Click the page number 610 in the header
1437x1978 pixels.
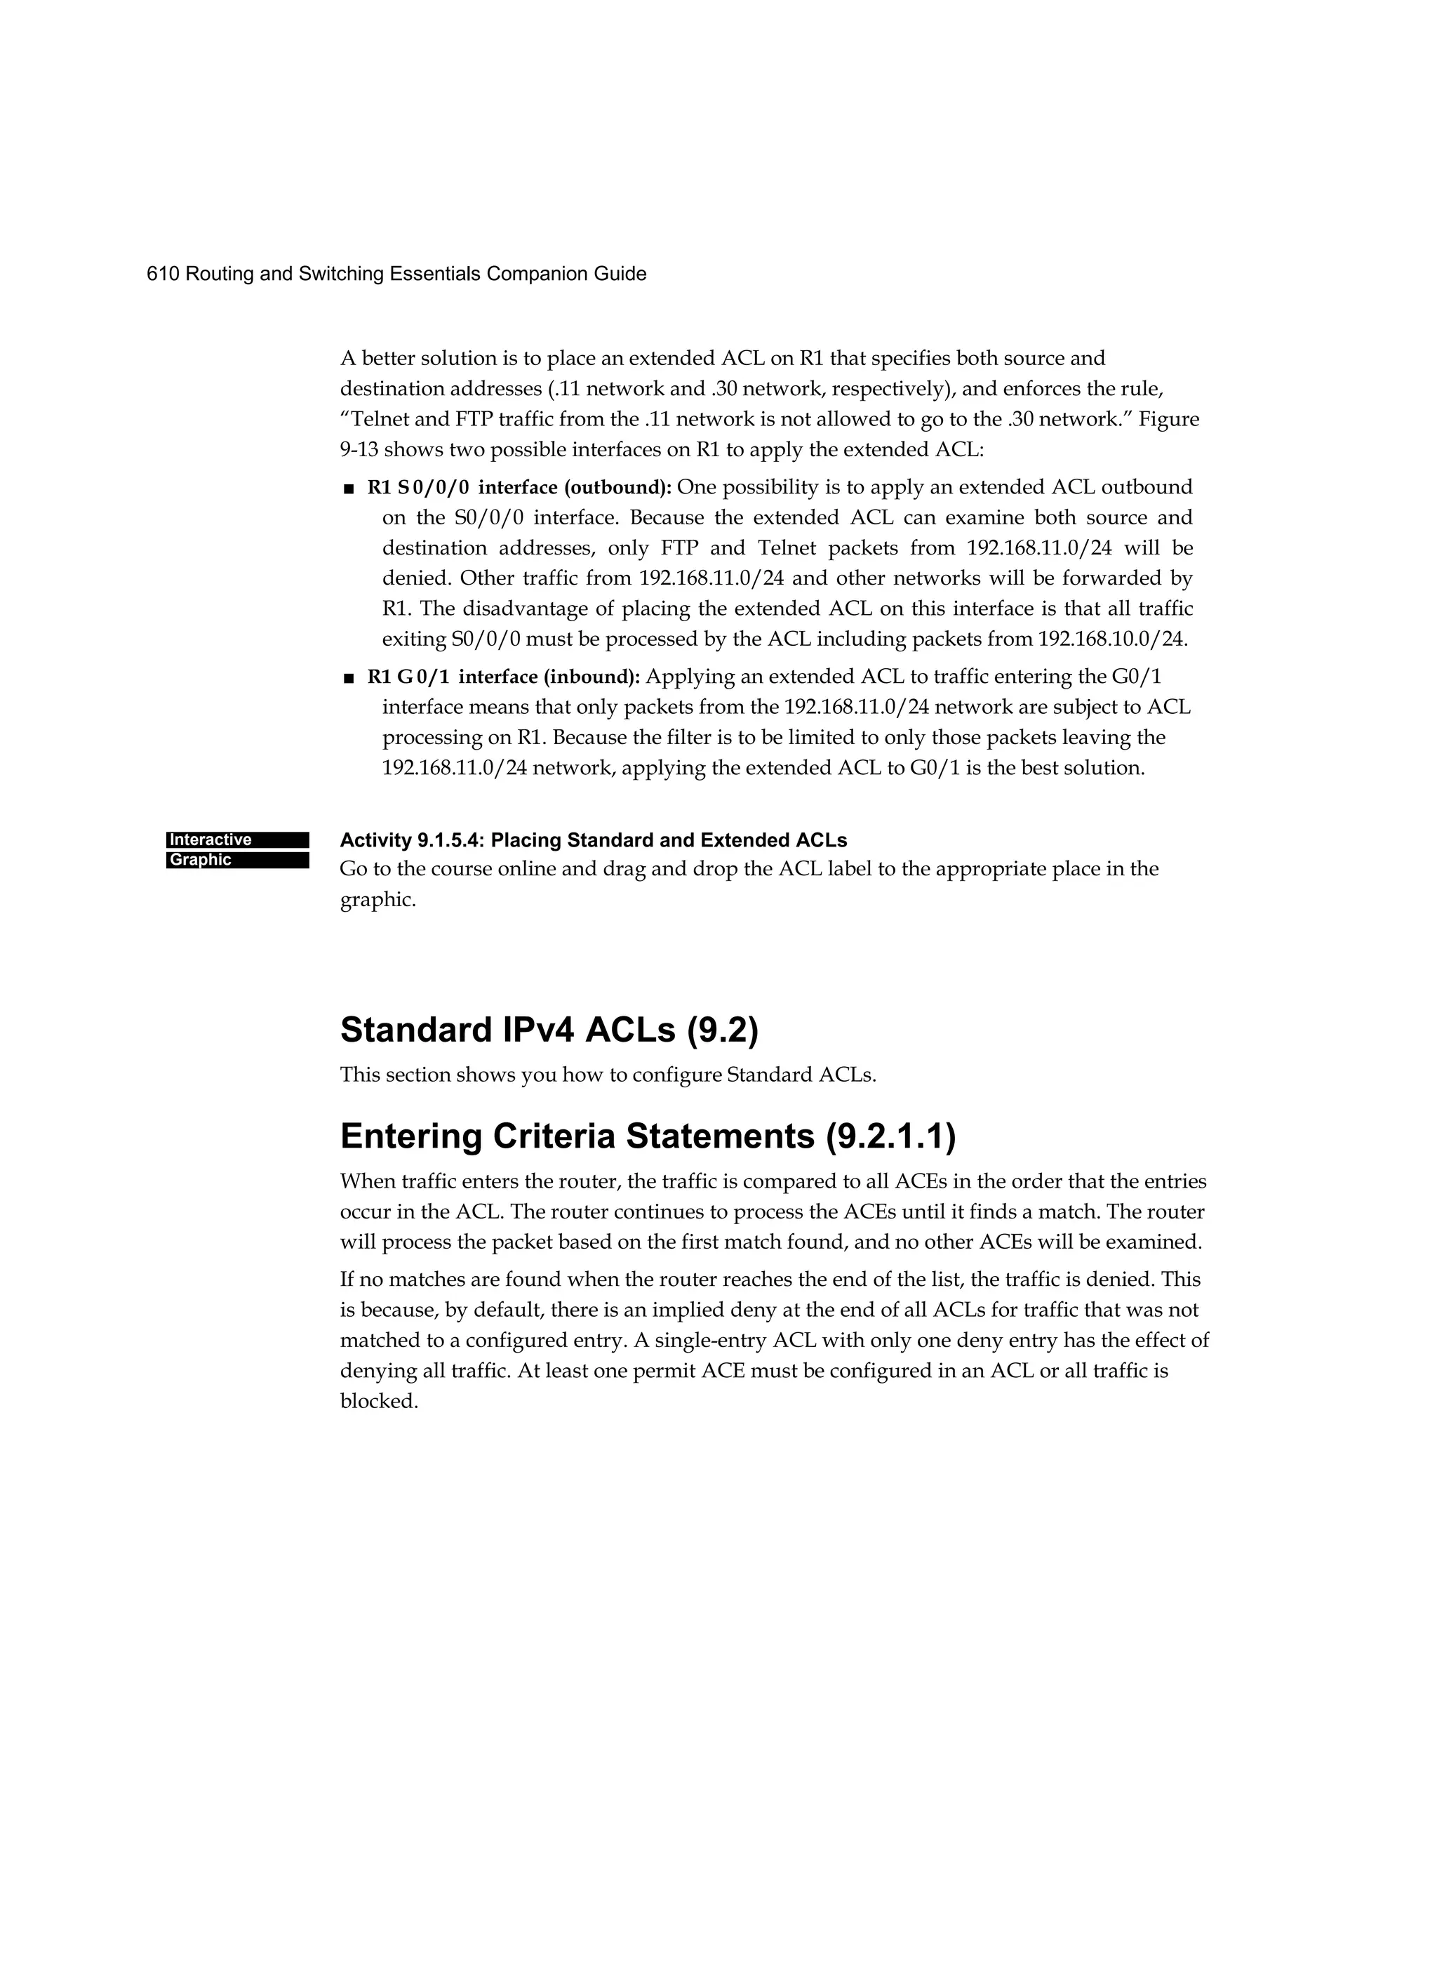click(163, 274)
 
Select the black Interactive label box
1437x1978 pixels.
click(237, 840)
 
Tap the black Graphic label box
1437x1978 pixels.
click(237, 860)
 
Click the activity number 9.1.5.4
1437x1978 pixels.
click(450, 841)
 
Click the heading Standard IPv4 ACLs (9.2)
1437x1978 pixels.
click(549, 1030)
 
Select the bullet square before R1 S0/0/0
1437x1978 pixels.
click(349, 489)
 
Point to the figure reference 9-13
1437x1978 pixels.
click(359, 450)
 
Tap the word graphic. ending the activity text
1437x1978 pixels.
click(377, 900)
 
